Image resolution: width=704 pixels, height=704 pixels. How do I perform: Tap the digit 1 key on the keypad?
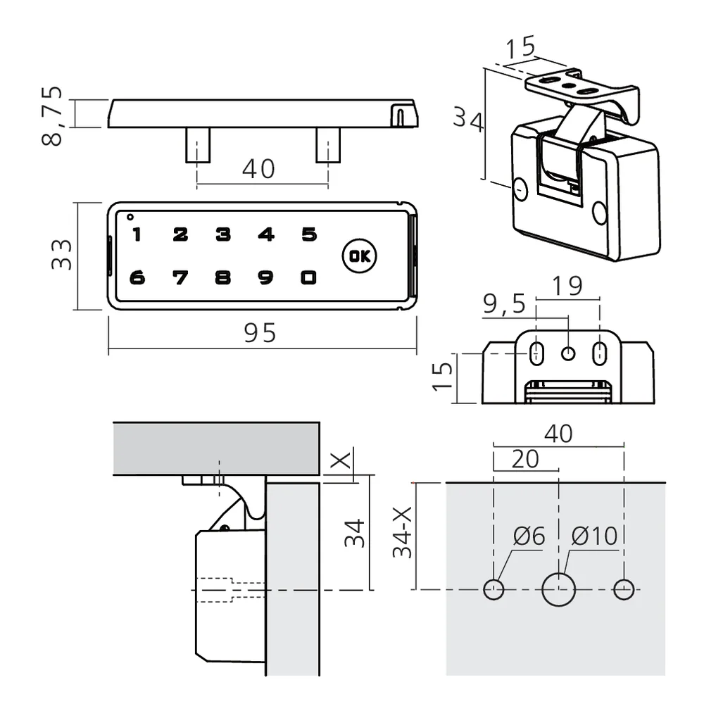pos(137,234)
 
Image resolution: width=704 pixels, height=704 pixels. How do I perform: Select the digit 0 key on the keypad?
pos(308,278)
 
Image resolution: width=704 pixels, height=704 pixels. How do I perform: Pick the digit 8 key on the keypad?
pos(223,278)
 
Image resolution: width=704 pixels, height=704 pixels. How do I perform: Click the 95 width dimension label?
pos(260,333)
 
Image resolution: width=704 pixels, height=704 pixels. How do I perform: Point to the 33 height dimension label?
pos(61,255)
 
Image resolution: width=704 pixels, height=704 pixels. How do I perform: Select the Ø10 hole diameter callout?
pos(594,536)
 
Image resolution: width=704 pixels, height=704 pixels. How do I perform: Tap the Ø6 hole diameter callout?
pos(529,536)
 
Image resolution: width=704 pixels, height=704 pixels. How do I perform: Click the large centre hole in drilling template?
pos(559,589)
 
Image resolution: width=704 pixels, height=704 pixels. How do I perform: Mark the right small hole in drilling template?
pos(624,589)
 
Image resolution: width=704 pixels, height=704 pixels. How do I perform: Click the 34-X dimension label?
pos(402,530)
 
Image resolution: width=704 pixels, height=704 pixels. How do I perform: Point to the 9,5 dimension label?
pos(504,305)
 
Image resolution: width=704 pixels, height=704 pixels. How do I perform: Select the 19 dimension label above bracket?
pos(567,287)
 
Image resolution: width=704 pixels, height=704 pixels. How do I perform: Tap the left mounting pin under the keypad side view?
pos(196,145)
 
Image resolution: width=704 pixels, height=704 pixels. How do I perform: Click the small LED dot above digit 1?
pos(130,216)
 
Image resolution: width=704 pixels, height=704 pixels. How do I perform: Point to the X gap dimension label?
pos(341,461)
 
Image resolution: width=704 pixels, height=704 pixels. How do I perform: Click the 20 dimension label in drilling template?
pos(525,459)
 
